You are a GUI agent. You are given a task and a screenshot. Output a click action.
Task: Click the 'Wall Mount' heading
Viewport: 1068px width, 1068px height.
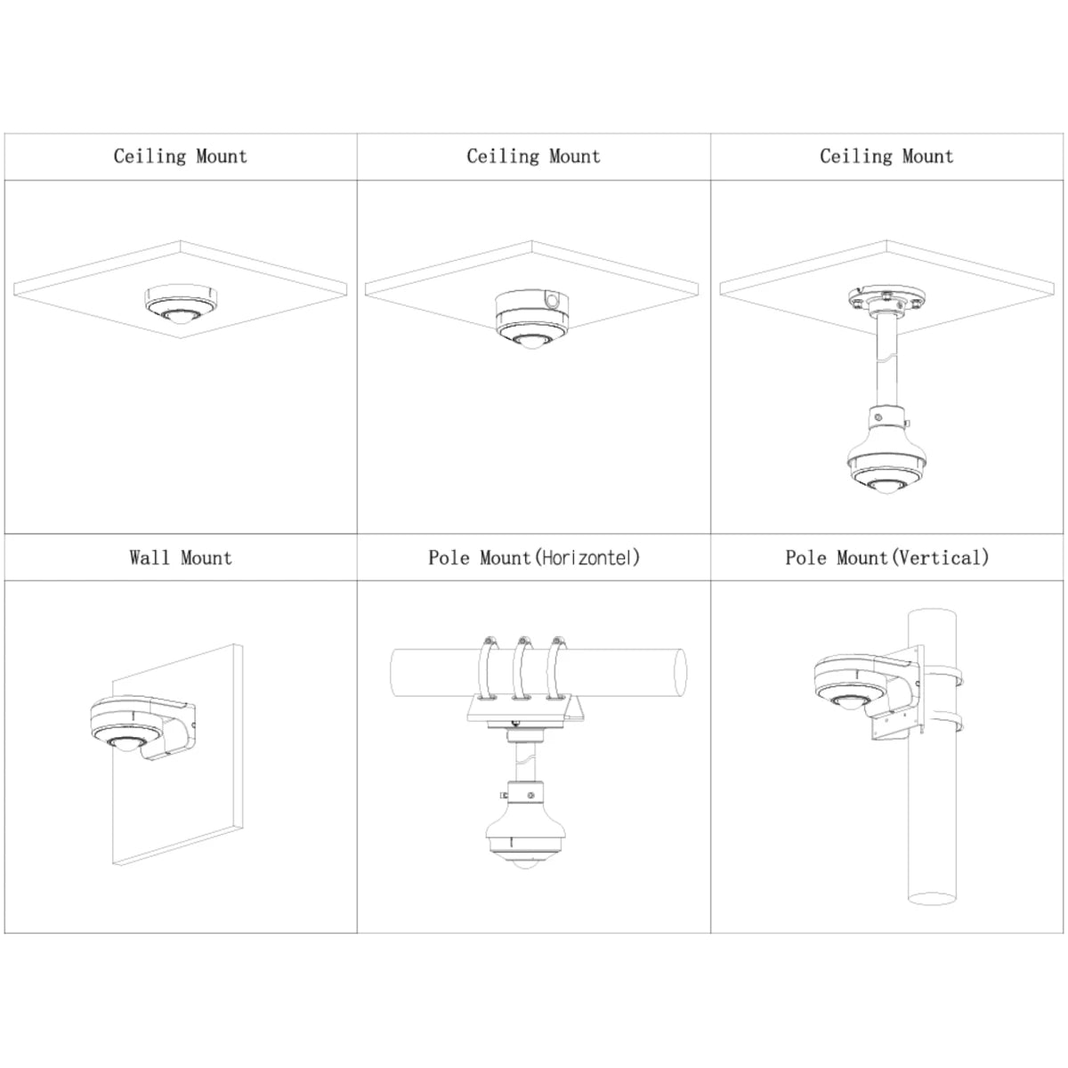click(181, 557)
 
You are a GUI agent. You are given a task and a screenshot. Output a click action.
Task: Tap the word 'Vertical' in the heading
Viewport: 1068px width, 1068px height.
click(941, 557)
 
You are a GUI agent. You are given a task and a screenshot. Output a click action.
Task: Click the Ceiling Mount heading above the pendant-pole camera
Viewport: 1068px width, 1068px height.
click(886, 157)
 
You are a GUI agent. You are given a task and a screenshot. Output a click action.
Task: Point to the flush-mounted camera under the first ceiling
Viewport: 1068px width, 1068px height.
click(181, 305)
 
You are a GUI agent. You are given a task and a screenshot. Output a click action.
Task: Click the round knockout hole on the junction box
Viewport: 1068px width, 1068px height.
click(552, 301)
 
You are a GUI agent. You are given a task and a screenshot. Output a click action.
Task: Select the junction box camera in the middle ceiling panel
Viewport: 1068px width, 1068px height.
click(532, 320)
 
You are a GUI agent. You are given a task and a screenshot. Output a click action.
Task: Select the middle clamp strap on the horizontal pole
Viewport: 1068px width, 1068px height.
click(522, 669)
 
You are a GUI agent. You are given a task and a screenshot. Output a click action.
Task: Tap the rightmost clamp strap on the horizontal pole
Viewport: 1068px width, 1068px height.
click(556, 669)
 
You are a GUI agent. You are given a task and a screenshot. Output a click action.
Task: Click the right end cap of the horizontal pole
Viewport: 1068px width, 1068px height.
click(681, 672)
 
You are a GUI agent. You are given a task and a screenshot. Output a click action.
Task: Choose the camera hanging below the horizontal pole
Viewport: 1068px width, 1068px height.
click(525, 831)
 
